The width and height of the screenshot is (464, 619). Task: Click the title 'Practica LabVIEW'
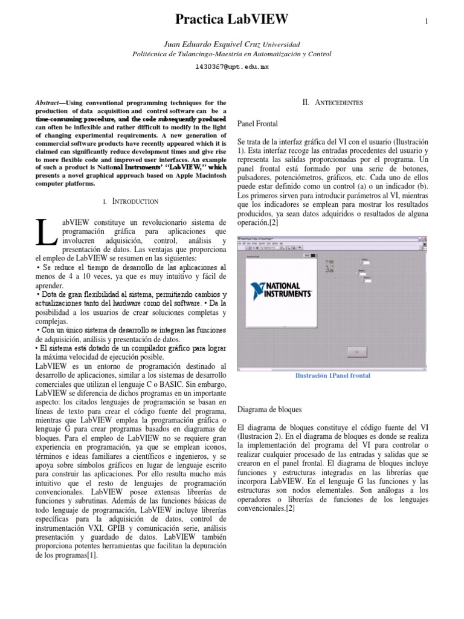tap(231, 20)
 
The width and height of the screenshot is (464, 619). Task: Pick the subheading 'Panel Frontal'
tap(259, 123)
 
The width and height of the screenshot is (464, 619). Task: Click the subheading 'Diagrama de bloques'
tap(270, 409)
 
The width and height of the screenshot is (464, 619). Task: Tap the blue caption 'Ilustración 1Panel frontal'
tap(332, 375)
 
